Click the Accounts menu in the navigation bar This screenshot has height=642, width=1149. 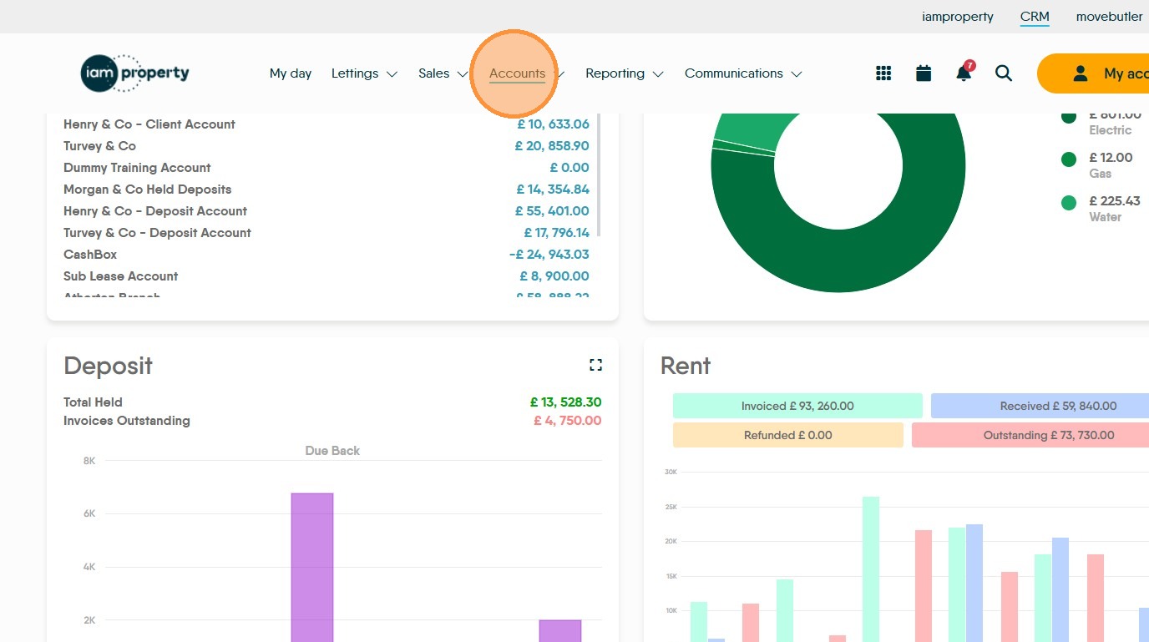point(517,73)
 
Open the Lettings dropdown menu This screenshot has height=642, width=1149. point(364,73)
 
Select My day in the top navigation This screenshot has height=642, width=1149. point(291,73)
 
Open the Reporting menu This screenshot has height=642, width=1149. point(624,73)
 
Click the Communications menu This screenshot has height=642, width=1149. point(742,73)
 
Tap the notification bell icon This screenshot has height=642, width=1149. point(964,73)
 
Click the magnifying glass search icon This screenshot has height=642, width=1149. point(1004,73)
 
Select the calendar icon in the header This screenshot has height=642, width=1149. point(924,73)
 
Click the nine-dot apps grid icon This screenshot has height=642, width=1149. point(883,73)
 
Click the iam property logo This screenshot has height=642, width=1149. point(135,73)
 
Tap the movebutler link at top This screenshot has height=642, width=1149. point(1109,17)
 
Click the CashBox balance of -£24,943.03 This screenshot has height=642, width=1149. point(549,255)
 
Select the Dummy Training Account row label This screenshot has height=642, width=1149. point(137,168)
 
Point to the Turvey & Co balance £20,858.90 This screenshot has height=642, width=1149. point(552,146)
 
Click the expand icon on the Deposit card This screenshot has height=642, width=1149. point(595,365)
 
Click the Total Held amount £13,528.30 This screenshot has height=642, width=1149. point(565,402)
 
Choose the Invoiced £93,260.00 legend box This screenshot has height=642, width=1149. point(797,407)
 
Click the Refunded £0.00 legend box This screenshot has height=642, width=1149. point(787,435)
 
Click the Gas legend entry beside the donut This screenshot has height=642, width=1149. point(1100,164)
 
